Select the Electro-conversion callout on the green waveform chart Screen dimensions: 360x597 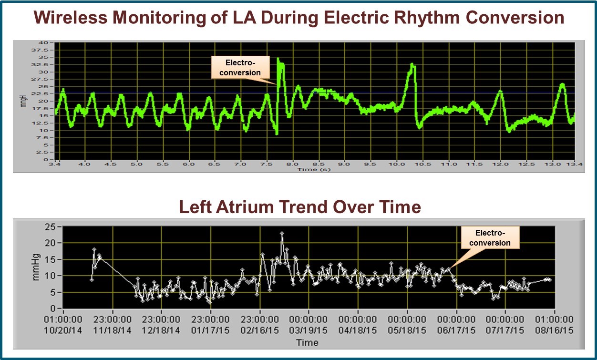(243, 67)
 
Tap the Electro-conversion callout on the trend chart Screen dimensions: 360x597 (490, 237)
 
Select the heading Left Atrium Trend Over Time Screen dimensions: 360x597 (299, 206)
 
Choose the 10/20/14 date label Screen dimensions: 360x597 (63, 330)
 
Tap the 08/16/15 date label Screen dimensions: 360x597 (555, 330)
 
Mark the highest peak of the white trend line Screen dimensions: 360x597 (282, 234)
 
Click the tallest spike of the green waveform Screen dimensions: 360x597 (278, 59)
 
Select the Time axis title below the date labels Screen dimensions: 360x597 (307, 342)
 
